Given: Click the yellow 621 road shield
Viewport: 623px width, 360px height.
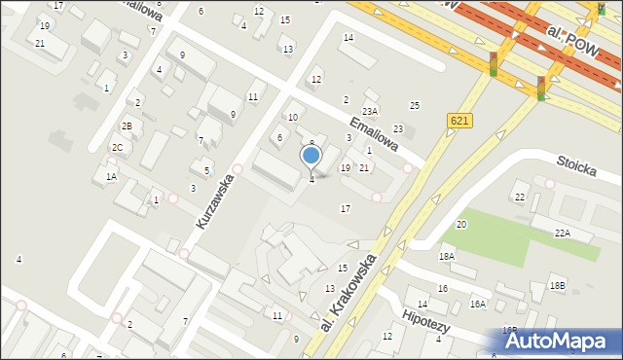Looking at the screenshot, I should [460, 120].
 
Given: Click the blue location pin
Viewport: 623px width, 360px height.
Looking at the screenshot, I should [311, 157].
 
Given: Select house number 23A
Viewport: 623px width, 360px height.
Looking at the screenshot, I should [370, 112].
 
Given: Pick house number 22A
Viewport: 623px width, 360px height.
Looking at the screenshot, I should [563, 233].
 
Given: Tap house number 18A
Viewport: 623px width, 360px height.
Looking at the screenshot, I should [446, 256].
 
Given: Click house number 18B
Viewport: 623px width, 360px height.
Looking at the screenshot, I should [557, 285].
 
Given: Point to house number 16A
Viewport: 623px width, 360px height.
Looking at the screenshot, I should [477, 305].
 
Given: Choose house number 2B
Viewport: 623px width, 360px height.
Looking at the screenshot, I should [127, 126].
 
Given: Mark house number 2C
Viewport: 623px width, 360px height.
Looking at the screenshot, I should [117, 148].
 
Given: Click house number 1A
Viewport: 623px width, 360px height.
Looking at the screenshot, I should [111, 177].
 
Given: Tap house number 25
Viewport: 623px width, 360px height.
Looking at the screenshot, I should [415, 105].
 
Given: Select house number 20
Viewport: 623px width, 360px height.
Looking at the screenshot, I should [461, 225].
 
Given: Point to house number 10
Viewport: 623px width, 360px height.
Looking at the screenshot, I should [293, 117].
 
